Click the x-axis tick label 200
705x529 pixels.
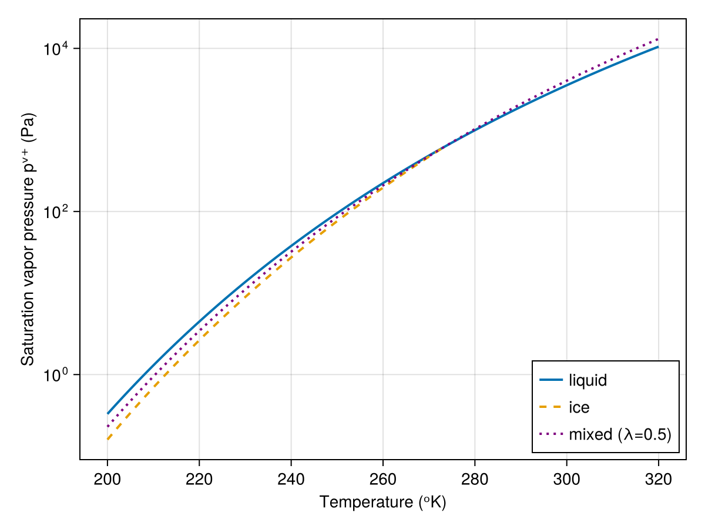tap(108, 478)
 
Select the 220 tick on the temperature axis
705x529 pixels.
tap(199, 478)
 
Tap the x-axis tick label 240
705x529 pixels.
tap(291, 478)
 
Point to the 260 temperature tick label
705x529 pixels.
tap(383, 478)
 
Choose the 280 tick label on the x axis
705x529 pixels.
tap(475, 478)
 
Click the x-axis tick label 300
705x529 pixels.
tap(566, 478)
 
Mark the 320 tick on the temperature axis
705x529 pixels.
tap(658, 478)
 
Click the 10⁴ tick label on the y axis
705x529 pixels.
tap(56, 48)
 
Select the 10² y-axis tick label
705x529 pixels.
tap(56, 212)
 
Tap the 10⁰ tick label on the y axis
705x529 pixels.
tap(56, 375)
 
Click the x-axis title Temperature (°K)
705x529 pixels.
tap(383, 503)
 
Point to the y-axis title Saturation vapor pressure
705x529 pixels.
tap(28, 239)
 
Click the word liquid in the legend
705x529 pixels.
tap(587, 380)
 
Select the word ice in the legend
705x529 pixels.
tap(579, 407)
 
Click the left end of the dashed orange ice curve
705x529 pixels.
tap(108, 439)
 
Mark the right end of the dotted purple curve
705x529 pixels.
tap(658, 39)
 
